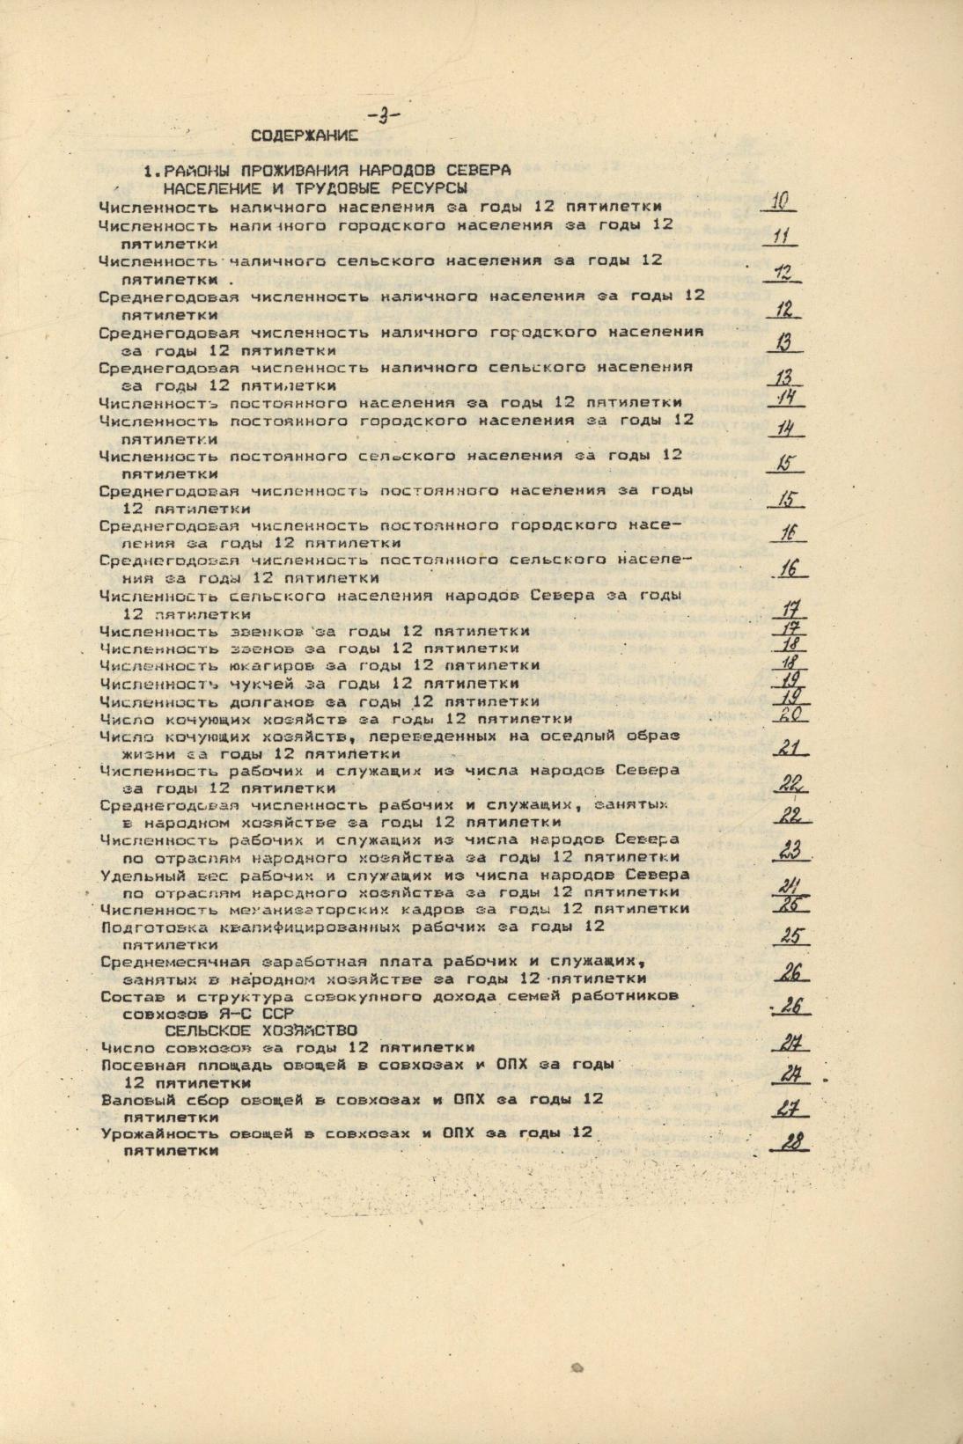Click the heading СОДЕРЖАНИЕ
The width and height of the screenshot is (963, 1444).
click(304, 136)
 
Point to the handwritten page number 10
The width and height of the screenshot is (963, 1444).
click(779, 202)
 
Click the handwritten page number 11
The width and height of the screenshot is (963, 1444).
click(780, 237)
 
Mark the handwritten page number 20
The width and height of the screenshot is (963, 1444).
click(790, 715)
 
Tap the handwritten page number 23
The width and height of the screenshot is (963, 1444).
click(790, 850)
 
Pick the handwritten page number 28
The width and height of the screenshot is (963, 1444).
click(793, 1142)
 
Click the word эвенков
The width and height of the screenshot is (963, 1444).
click(267, 631)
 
